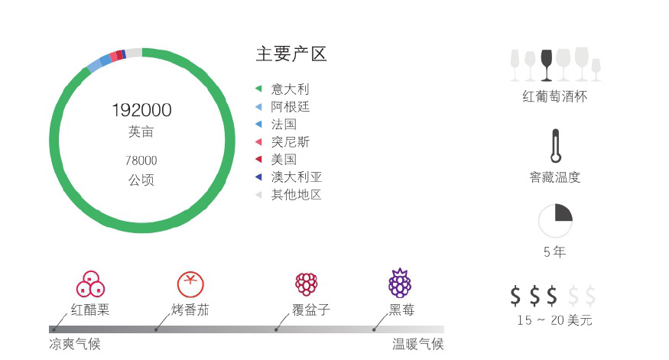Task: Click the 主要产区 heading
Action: click(x=291, y=54)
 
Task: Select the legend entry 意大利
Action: click(x=290, y=89)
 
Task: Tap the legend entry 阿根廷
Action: click(x=290, y=107)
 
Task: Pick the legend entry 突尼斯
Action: click(x=290, y=142)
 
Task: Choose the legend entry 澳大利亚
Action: click(x=296, y=177)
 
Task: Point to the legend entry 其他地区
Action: click(x=296, y=195)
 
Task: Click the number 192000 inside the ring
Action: click(x=141, y=110)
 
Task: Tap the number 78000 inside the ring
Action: click(x=141, y=161)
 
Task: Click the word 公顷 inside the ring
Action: click(x=141, y=180)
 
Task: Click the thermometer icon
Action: click(x=556, y=146)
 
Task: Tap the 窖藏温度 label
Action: click(x=555, y=177)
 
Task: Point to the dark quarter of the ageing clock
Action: click(x=563, y=212)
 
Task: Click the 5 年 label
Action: click(x=555, y=252)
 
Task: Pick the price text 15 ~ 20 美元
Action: click(x=554, y=320)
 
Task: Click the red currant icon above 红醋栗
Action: click(x=90, y=284)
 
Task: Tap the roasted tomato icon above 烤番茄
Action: click(x=190, y=284)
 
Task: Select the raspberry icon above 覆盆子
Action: click(x=307, y=284)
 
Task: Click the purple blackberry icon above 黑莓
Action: click(x=400, y=283)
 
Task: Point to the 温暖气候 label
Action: click(x=418, y=344)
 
